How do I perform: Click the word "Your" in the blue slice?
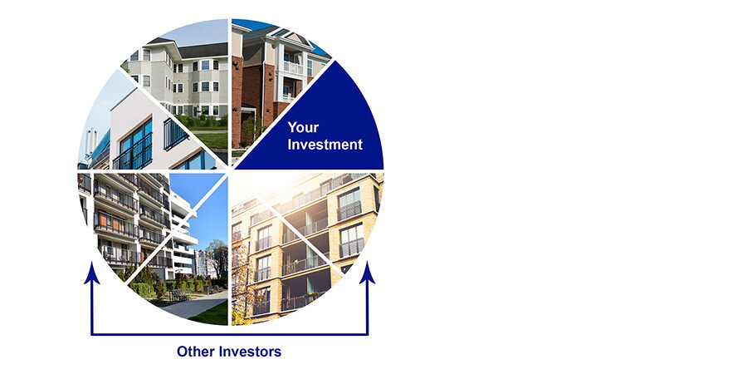coord(303,127)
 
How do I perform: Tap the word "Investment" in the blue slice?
coord(325,145)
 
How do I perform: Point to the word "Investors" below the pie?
coord(250,352)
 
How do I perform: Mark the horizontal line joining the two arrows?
coord(230,334)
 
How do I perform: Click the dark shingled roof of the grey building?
coord(200,50)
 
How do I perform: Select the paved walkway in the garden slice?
coord(195,305)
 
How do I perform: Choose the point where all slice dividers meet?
coord(230,170)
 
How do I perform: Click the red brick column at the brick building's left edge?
coord(237,101)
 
